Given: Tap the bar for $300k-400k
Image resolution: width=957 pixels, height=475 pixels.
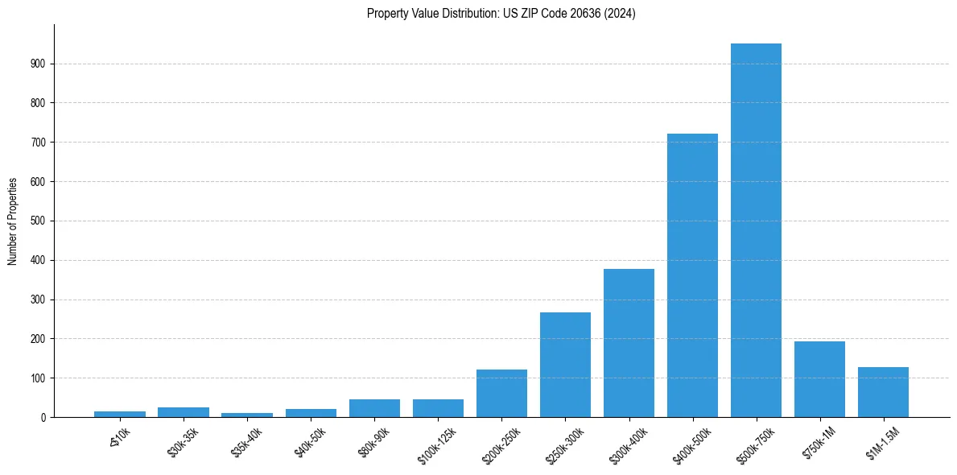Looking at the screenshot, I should [629, 343].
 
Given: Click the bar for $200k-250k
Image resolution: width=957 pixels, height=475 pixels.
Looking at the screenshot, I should [501, 394].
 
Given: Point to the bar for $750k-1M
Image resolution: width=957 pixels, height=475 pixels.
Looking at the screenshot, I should [819, 379].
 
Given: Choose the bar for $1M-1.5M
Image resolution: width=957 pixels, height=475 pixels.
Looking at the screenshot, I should [883, 392].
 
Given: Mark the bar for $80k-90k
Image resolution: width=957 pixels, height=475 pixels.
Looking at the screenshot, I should [374, 408].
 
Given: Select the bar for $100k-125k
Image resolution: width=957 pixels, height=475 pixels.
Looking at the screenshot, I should [438, 408].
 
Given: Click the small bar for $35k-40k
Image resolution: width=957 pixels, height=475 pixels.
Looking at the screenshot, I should [247, 415].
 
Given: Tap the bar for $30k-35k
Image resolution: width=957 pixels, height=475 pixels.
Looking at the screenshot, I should [184, 412].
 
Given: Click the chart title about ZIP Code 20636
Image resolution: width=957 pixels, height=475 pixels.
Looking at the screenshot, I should [501, 14].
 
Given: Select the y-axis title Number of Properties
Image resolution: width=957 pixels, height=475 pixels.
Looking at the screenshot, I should [13, 221].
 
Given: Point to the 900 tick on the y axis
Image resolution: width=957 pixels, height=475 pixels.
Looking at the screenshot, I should [39, 64].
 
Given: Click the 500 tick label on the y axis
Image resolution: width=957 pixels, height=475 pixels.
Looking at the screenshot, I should [39, 221].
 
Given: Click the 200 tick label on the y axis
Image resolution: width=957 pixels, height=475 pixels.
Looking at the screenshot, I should [39, 339].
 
